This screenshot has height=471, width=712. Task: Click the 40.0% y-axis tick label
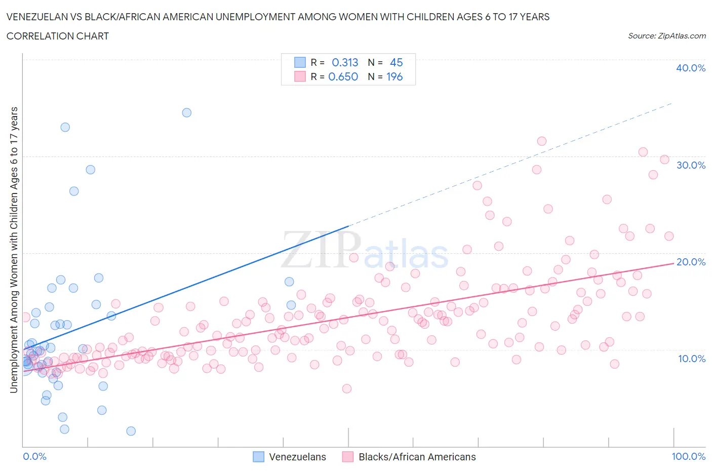coord(690,68)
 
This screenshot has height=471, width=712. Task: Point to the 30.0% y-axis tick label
coord(690,165)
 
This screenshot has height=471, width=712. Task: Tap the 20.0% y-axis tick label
coord(690,262)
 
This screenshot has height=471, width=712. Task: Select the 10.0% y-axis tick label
coord(691,359)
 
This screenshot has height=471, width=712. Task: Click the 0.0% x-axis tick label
coord(34,456)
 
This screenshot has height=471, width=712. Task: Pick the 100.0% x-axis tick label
coord(688,456)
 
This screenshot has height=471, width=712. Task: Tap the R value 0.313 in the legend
coord(345,62)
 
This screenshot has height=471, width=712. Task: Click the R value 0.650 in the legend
coord(343,76)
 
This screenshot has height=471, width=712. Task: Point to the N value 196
coord(394,76)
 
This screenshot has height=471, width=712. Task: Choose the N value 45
coord(396,62)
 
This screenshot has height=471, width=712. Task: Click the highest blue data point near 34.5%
coord(187,112)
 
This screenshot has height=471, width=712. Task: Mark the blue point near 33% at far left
coord(65,127)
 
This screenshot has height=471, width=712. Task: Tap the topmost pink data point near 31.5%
coord(542,141)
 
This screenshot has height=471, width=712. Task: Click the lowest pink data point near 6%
coord(347,388)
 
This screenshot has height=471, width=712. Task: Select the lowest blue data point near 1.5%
coord(131,431)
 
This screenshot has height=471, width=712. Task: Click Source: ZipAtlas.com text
coord(666,35)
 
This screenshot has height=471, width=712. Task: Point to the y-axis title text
coord(14,250)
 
